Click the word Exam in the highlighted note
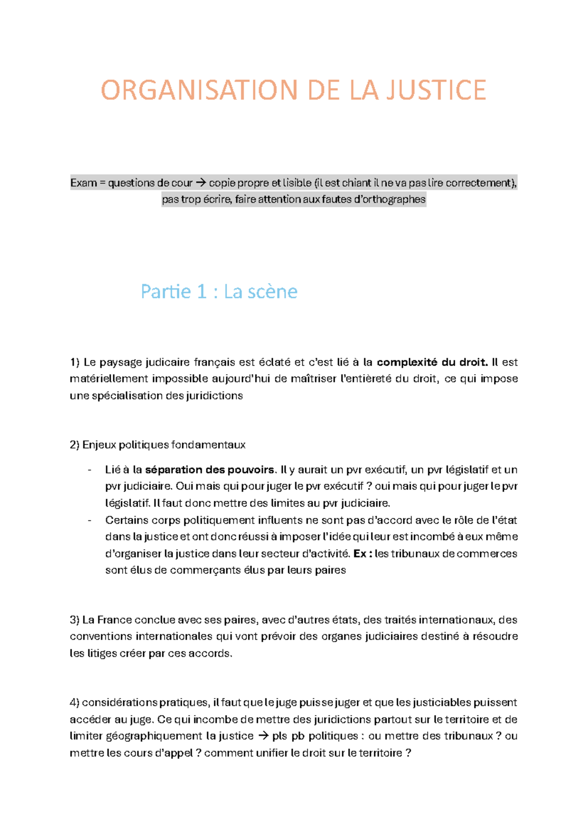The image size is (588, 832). point(83,183)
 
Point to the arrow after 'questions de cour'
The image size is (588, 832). point(200,183)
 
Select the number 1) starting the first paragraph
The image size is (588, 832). point(74,363)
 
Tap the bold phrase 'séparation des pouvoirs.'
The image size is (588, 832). point(211,470)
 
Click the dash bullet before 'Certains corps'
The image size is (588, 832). point(90,520)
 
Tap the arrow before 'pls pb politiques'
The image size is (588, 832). point(263,736)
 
